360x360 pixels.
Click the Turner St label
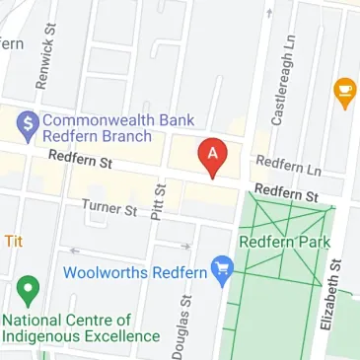pos(108,209)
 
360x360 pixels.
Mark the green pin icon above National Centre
pos(28,292)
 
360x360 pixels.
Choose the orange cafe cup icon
pos(344,93)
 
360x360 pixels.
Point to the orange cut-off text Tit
pos(13,241)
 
